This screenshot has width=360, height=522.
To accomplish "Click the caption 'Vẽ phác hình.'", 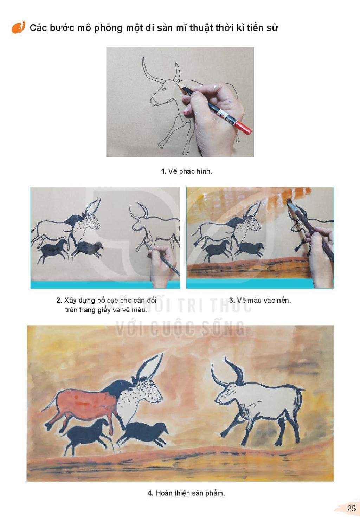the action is [x=190, y=172].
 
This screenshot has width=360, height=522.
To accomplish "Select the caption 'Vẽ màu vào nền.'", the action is [x=264, y=301].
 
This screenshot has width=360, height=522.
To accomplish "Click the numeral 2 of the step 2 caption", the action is [x=58, y=301].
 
